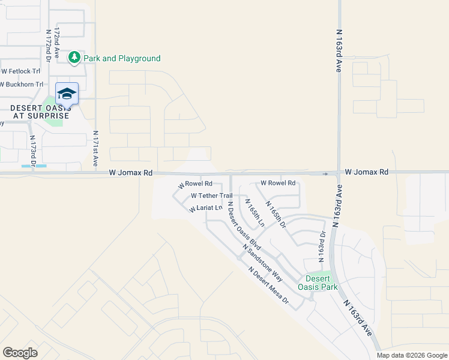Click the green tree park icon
pos(74,58)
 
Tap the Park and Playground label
pos(122,58)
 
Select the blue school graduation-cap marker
pos(67,93)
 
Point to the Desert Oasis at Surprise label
pos(40,111)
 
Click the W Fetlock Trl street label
pos(20,71)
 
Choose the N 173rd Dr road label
pos(33,151)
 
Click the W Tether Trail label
pos(211,196)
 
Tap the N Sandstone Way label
pos(262,263)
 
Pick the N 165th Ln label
pos(255,212)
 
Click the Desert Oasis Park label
pos(321,283)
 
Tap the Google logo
pos(20,353)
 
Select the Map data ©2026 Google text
pos(411,355)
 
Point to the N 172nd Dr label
pos(47,45)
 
